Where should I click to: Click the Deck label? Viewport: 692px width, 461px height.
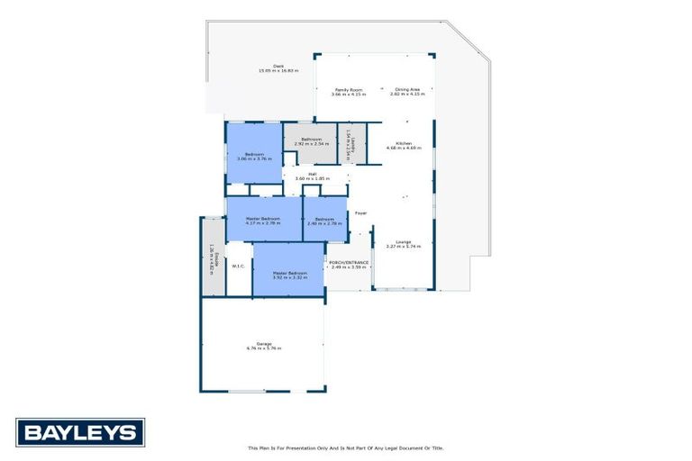(278, 65)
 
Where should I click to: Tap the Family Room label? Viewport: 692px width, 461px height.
(349, 89)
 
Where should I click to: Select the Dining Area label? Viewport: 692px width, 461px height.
(407, 89)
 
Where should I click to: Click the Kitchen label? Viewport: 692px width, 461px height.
(403, 145)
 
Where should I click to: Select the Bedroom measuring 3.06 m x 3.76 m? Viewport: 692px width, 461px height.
(253, 155)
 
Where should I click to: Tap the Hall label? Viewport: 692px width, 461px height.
(313, 174)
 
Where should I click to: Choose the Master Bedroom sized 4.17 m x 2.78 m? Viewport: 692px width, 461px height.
(263, 218)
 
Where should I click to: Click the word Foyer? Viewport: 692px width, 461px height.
(360, 213)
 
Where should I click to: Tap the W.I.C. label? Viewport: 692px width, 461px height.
(239, 266)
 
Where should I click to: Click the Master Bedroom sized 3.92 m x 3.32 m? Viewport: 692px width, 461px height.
(290, 273)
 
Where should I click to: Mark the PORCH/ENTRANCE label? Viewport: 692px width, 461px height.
(350, 263)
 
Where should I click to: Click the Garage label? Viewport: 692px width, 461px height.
(264, 343)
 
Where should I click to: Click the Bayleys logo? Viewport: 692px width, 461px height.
(79, 432)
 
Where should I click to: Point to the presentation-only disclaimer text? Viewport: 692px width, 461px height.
(346, 447)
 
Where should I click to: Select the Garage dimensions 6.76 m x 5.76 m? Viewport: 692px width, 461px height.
(264, 348)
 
